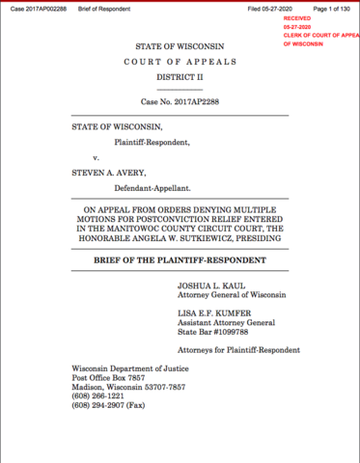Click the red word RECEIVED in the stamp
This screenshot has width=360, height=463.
tap(298, 18)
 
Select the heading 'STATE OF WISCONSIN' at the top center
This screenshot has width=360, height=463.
tap(180, 46)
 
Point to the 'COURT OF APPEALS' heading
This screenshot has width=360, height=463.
tap(180, 63)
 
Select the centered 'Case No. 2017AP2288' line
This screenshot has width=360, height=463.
tap(180, 101)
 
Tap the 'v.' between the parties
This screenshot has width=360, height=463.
tap(96, 156)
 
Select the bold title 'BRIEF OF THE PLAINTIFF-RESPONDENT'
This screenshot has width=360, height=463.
tap(180, 260)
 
